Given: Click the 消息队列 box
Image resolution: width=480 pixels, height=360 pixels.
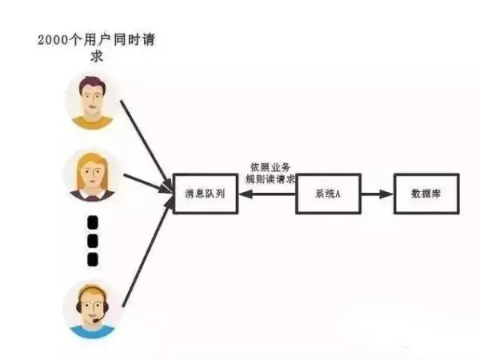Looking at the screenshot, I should click(206, 193).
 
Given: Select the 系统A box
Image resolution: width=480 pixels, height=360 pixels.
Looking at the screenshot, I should click(329, 193).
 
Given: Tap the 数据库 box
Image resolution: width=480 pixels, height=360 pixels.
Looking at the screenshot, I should click(427, 193).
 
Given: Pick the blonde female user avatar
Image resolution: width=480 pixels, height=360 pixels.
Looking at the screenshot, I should click(92, 175).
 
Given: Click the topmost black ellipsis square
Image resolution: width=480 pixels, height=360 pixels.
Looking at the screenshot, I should click(92, 222).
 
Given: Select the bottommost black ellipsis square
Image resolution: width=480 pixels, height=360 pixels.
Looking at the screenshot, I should click(92, 258).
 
